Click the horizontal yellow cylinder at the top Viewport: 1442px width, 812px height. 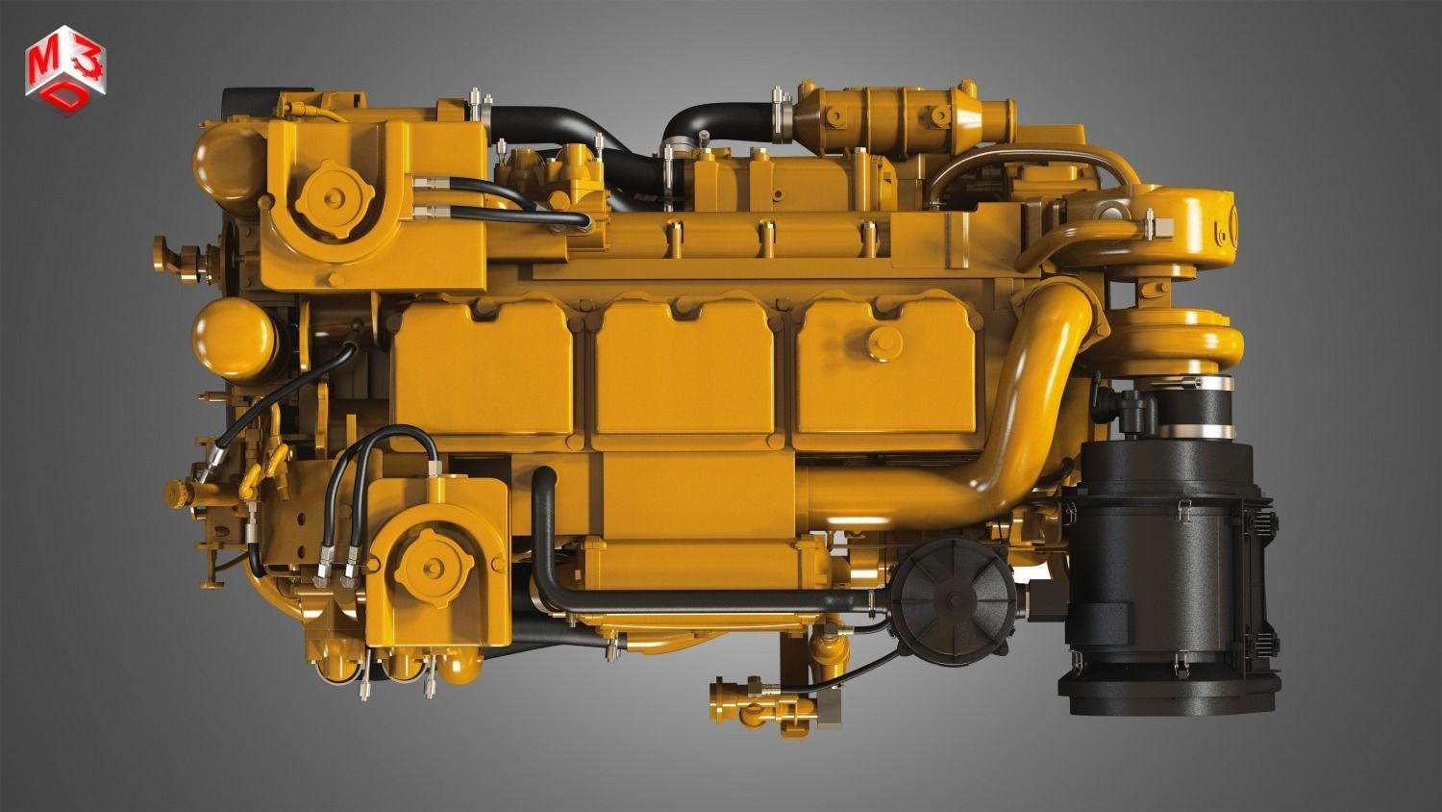pyautogui.click(x=908, y=114)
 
